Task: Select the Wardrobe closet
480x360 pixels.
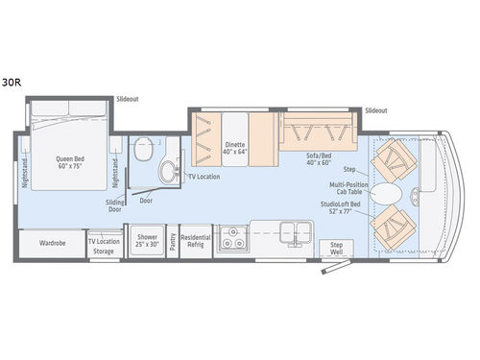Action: (x=51, y=242)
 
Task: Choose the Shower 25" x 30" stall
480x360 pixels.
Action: (x=147, y=240)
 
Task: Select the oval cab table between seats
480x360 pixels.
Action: (x=391, y=194)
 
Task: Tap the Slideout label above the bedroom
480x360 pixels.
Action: (x=127, y=99)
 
